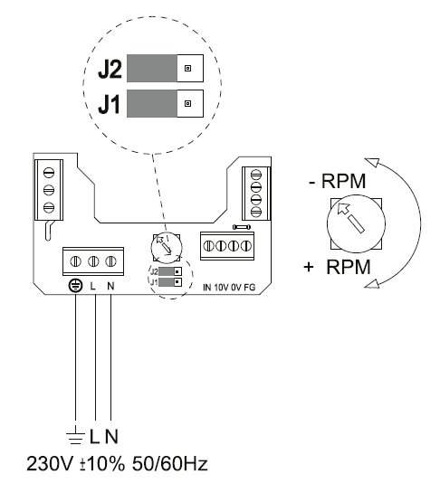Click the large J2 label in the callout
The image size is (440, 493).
click(x=110, y=70)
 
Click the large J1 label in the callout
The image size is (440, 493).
click(x=110, y=105)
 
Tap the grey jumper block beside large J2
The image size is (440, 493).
click(x=152, y=68)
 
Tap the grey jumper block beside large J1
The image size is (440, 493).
click(x=152, y=103)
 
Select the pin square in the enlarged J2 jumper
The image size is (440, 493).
click(x=188, y=68)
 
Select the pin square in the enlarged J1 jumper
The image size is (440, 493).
click(x=188, y=103)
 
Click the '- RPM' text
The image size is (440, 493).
click(x=338, y=181)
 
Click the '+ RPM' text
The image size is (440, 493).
click(x=337, y=267)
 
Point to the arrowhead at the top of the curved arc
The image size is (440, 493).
click(x=371, y=162)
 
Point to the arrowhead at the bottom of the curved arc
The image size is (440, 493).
click(x=371, y=283)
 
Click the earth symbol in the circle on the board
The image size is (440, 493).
click(x=75, y=286)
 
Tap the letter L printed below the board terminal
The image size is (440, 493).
click(x=92, y=286)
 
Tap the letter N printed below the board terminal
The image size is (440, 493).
click(x=110, y=286)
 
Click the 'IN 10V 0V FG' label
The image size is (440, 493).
click(x=229, y=288)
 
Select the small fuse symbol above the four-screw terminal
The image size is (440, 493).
click(x=242, y=227)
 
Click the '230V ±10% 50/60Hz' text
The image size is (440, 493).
click(x=117, y=464)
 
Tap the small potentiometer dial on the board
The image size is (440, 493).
click(x=167, y=248)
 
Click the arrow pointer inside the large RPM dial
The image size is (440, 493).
click(x=350, y=218)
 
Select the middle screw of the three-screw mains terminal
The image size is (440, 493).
click(x=93, y=261)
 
